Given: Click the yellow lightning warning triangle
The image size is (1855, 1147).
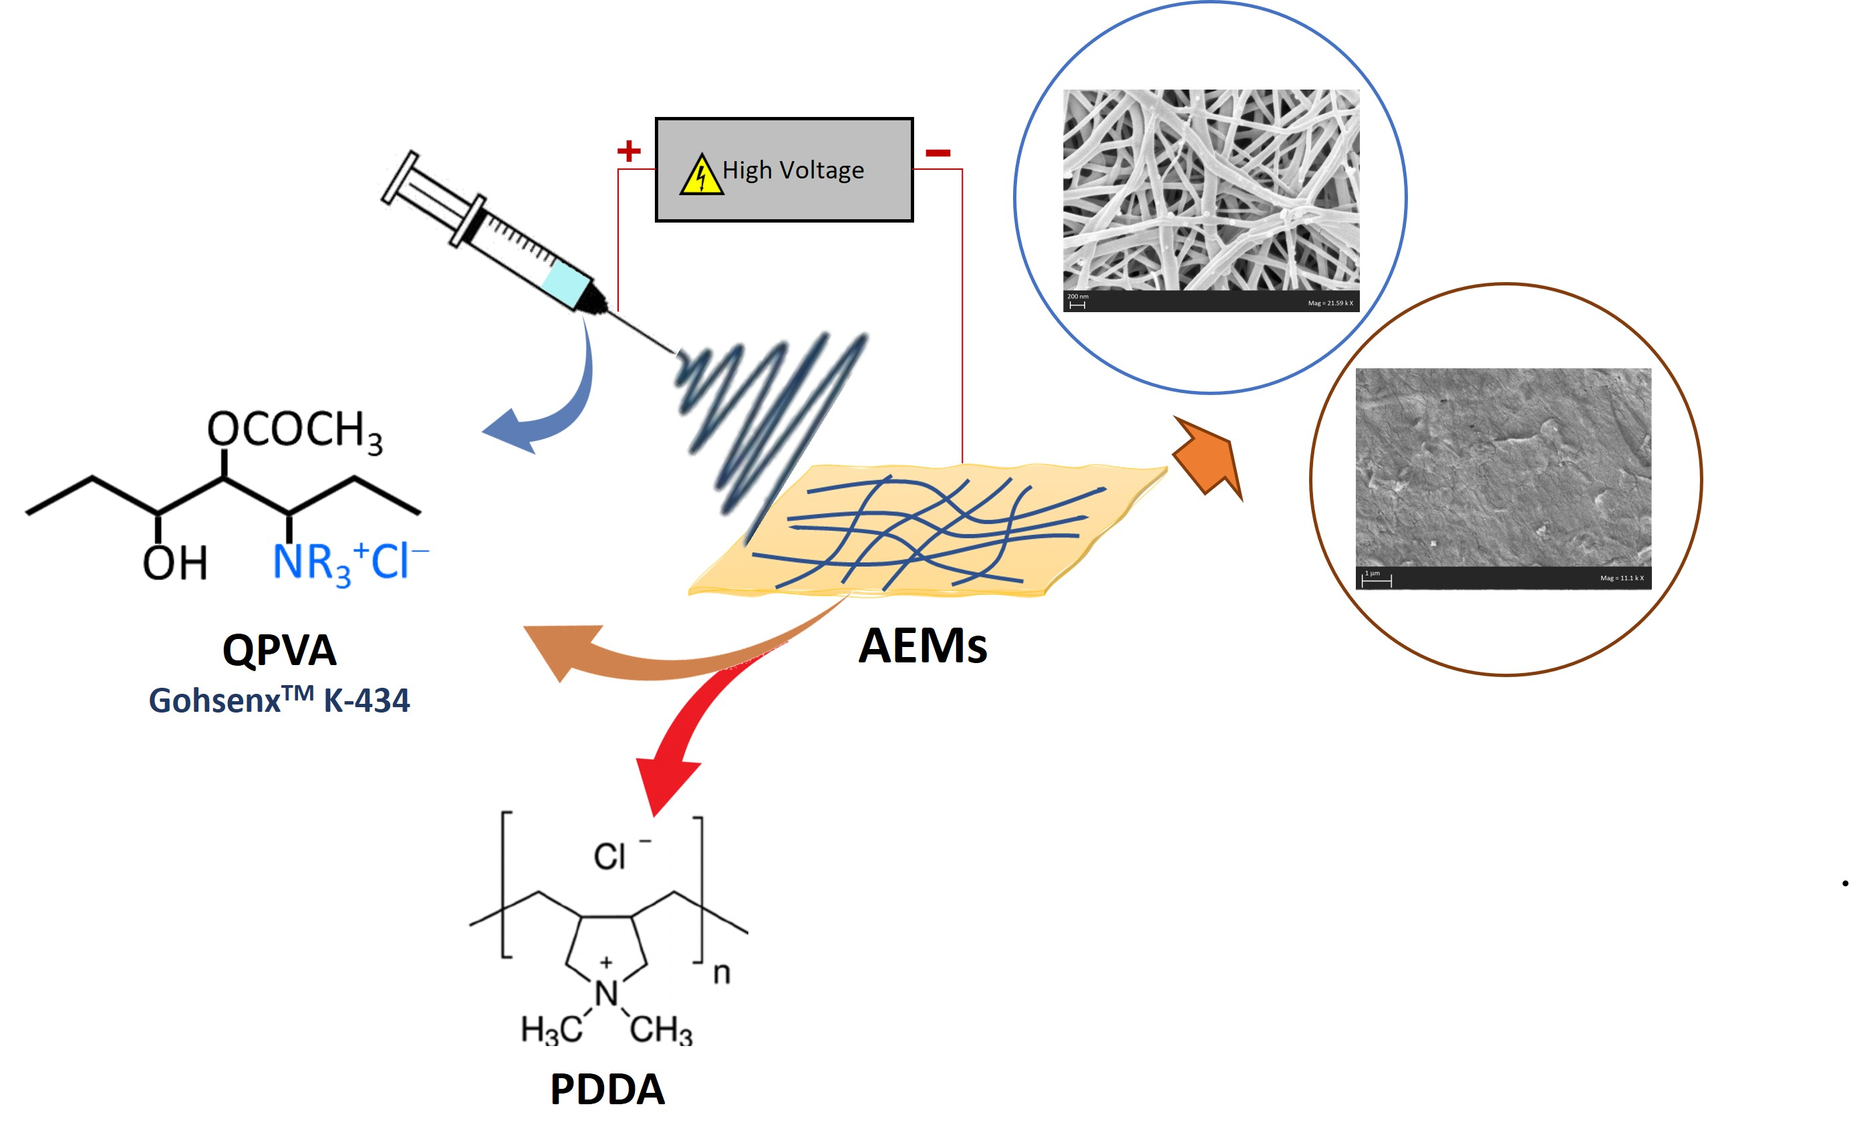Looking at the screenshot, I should click(x=701, y=176).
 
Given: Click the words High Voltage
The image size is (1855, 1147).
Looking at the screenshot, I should click(x=793, y=170).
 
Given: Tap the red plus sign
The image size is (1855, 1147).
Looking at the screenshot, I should click(x=628, y=151).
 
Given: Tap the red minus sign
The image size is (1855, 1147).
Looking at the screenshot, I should click(x=938, y=153).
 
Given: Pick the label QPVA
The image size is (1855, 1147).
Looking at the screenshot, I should click(x=279, y=650).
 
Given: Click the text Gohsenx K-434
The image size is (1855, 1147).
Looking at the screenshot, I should click(x=279, y=699).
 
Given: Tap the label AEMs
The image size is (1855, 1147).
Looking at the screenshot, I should click(x=922, y=646).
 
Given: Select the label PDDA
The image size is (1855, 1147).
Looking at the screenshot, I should click(x=607, y=1090).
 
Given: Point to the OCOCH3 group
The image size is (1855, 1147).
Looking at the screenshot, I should click(x=294, y=431).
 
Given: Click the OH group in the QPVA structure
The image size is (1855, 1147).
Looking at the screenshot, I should click(x=174, y=563).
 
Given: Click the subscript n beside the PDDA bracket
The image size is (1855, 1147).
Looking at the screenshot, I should click(x=721, y=973).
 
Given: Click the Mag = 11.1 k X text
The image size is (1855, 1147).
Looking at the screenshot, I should click(x=1621, y=578).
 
